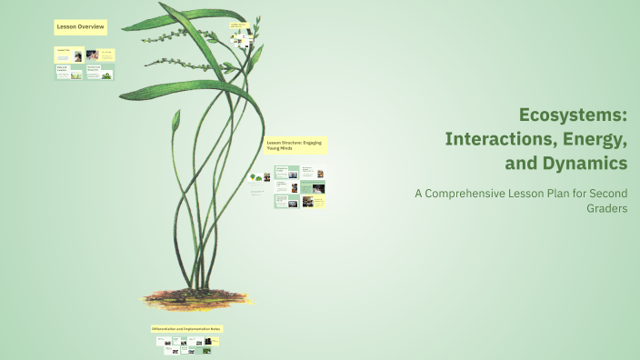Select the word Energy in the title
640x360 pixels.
[x=596, y=139]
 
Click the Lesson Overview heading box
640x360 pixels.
[x=80, y=28]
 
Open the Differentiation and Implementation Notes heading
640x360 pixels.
[x=186, y=328]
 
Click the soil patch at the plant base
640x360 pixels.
[x=196, y=298]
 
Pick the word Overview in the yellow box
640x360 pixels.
[x=91, y=28]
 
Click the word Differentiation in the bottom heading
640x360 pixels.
[x=165, y=328]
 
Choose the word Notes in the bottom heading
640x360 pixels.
[x=216, y=328]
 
